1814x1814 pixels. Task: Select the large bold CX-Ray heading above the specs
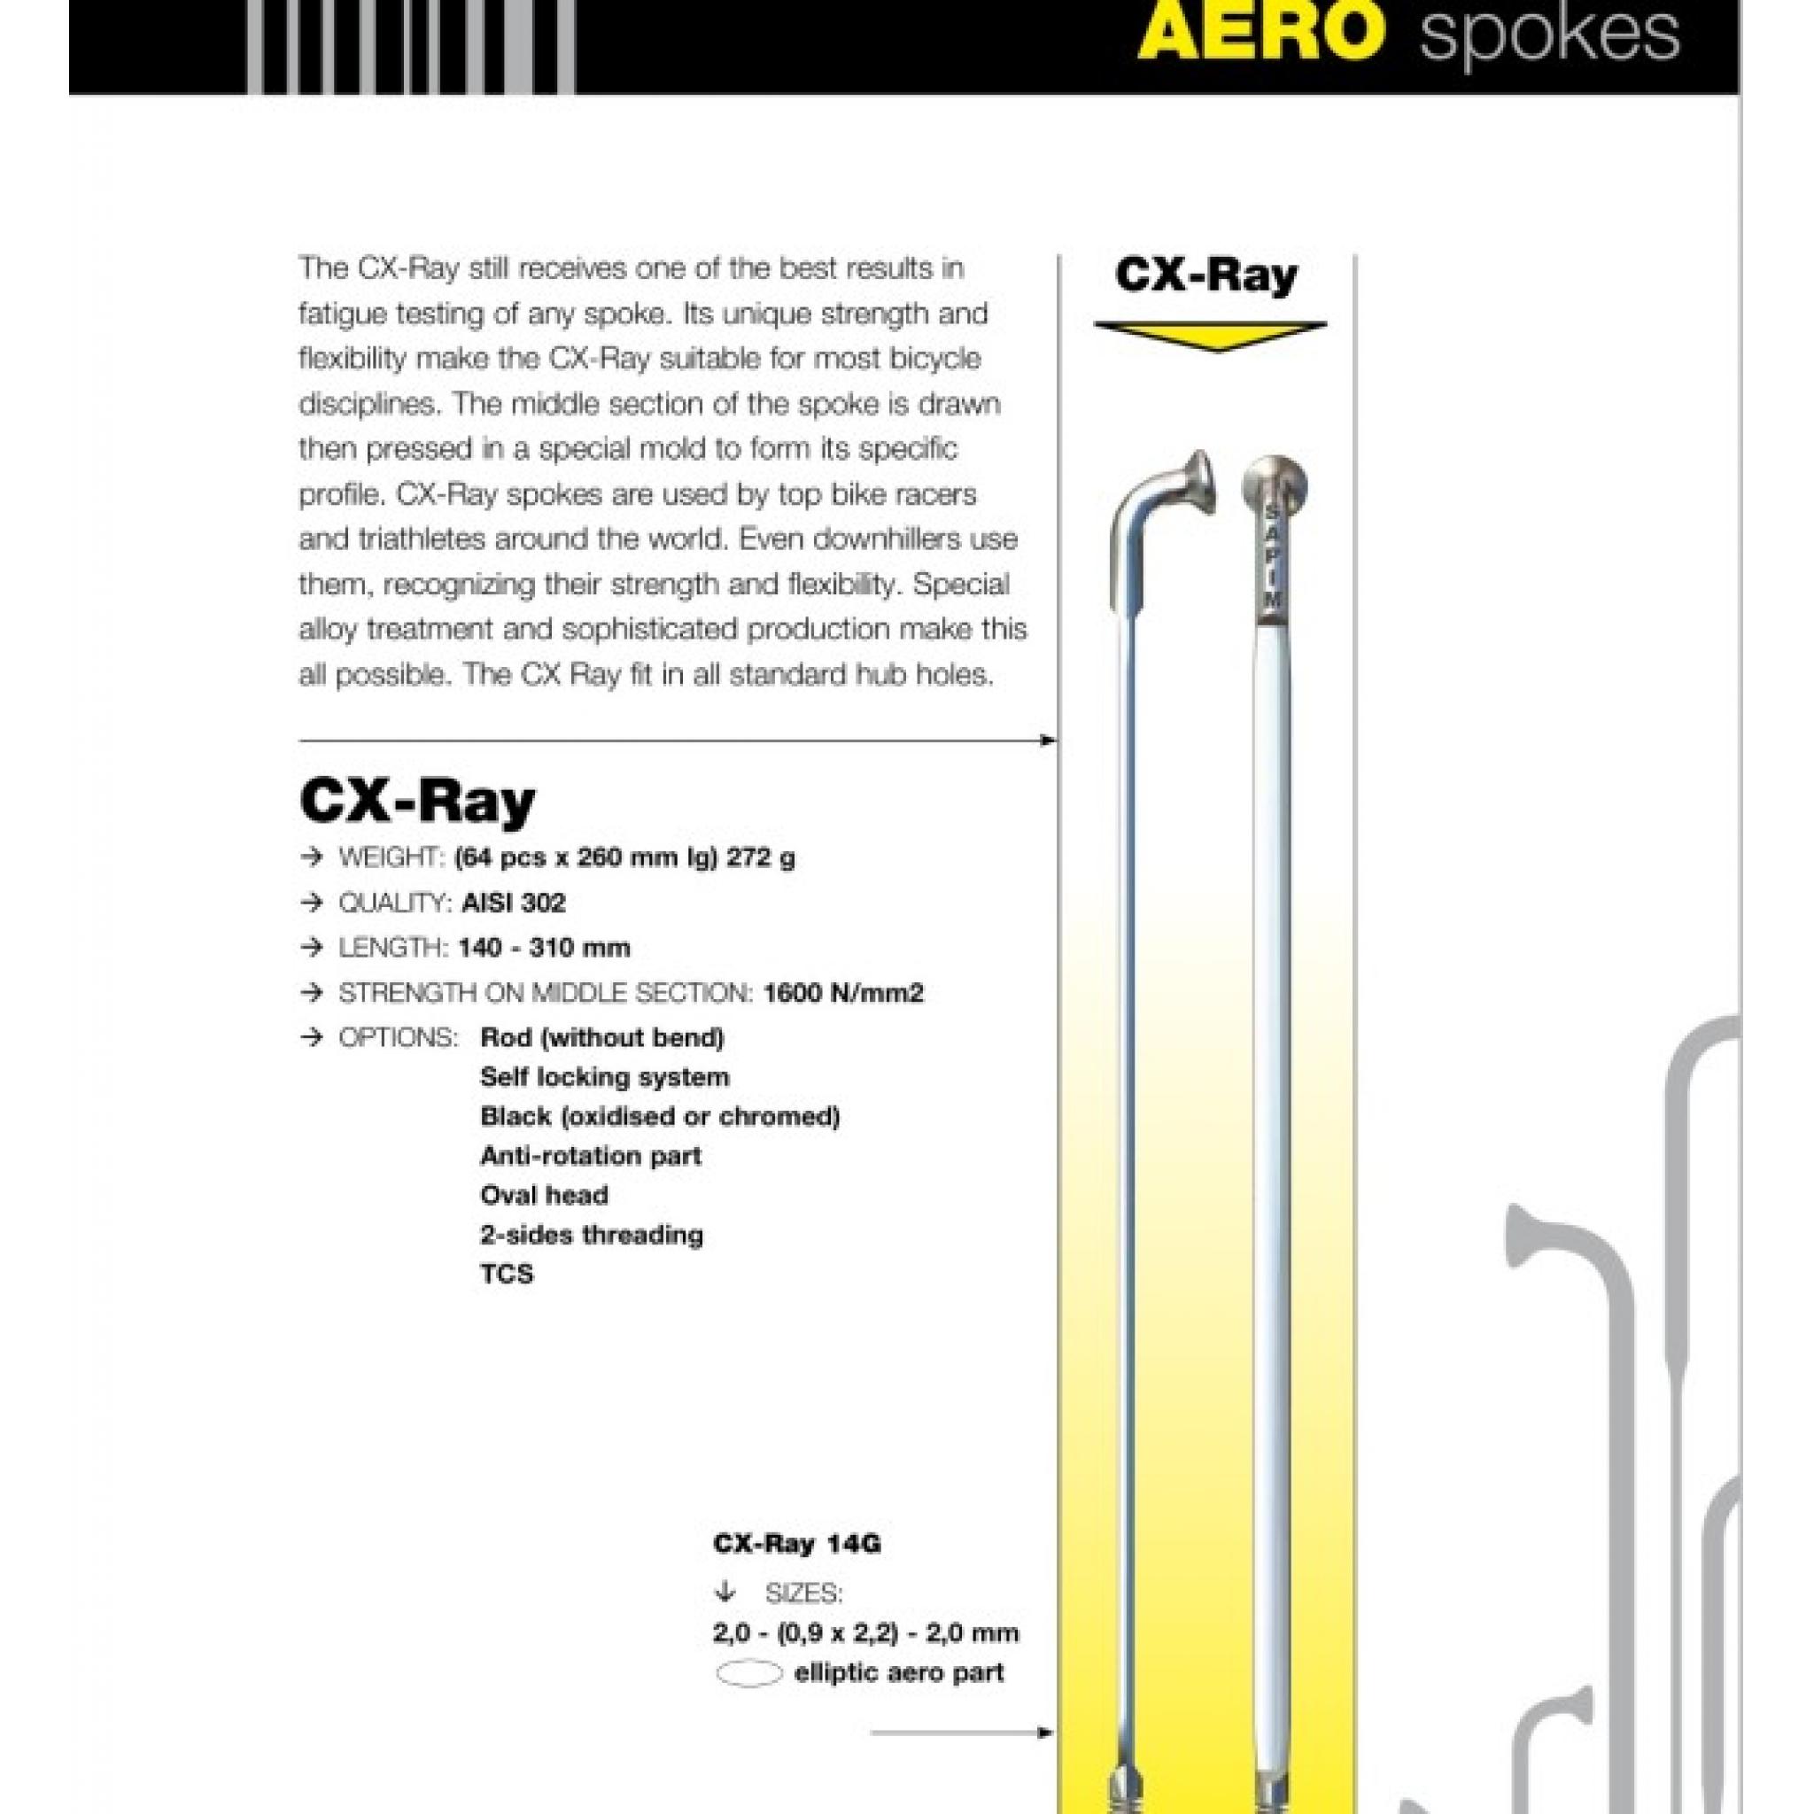(x=417, y=801)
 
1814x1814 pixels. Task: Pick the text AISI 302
(x=514, y=903)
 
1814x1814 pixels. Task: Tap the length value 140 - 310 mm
(x=545, y=948)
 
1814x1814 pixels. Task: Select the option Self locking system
(x=605, y=1077)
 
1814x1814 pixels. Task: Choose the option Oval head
(x=544, y=1195)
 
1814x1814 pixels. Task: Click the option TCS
(x=506, y=1274)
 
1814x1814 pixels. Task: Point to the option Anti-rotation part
(x=591, y=1156)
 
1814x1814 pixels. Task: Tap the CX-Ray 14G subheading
(x=797, y=1545)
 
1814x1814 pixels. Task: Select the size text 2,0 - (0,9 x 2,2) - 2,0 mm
(x=865, y=1632)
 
